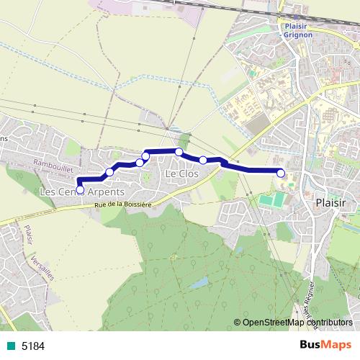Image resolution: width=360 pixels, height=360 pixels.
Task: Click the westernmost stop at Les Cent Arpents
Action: coord(80,190)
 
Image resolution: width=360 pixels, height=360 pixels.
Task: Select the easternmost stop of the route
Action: coord(281,172)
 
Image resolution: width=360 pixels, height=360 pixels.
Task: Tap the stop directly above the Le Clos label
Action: coord(179,152)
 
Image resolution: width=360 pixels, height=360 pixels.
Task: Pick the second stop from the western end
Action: coord(110,171)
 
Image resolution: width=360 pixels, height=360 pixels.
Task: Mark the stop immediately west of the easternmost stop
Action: coord(203,160)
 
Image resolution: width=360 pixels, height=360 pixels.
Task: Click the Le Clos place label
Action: coord(181,174)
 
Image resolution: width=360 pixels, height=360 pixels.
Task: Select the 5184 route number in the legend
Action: coord(33,346)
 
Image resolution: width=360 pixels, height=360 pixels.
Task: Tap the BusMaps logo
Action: coord(325,346)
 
